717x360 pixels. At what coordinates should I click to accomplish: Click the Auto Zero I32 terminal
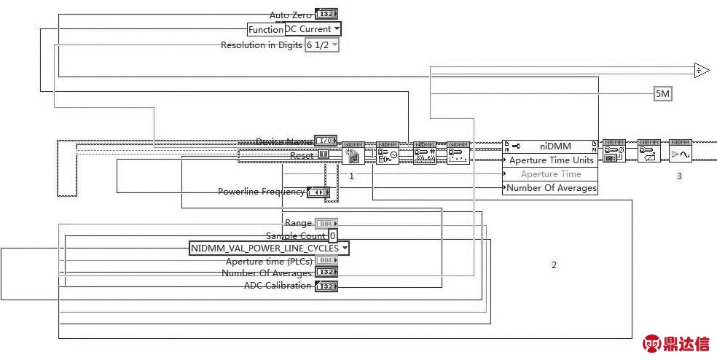(326, 15)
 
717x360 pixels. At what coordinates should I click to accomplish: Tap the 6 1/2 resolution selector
(322, 45)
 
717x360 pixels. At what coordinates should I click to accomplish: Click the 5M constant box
(662, 94)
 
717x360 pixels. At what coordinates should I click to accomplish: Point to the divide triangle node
(701, 70)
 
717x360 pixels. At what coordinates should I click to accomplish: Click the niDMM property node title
(550, 146)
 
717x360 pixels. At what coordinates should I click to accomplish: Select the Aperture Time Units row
(550, 160)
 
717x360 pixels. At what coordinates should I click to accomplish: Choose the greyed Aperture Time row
(550, 174)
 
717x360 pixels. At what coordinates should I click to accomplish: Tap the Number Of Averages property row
(550, 188)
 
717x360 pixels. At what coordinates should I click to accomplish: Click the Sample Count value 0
(332, 236)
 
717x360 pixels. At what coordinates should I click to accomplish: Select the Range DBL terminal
(326, 223)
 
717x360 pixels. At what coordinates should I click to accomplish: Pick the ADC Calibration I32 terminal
(326, 286)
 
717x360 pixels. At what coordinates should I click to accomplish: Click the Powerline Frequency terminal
(318, 192)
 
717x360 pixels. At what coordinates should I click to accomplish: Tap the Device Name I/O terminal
(326, 141)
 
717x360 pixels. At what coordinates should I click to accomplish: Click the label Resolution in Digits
(262, 45)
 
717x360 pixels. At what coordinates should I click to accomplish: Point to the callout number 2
(554, 265)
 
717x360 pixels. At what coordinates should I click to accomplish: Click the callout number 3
(679, 176)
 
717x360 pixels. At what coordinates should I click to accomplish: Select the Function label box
(265, 29)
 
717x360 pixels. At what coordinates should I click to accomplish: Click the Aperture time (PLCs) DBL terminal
(326, 261)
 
